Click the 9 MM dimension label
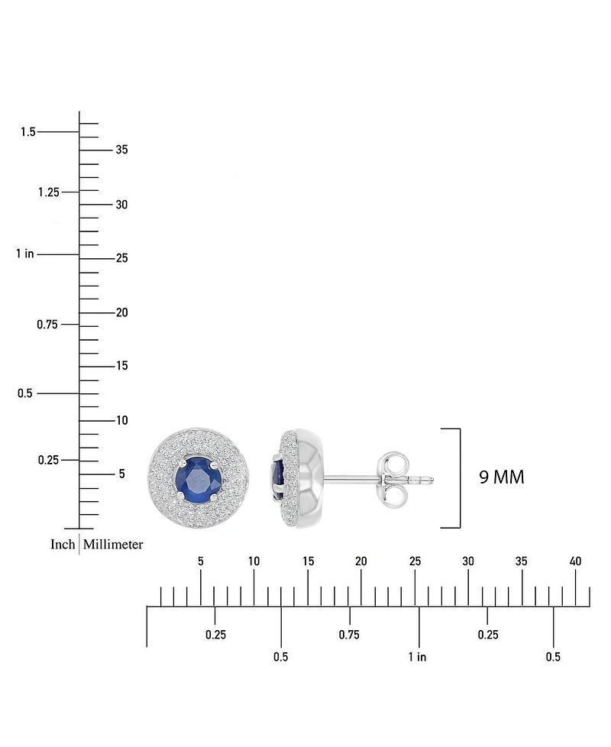pos(502,477)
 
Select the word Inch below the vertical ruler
pos(63,544)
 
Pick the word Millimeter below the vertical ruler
pos(113,544)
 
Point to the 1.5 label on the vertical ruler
pos(28,131)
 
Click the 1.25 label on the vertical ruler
pos(49,192)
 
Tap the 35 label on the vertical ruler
pos(122,150)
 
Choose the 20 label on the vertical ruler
pos(122,312)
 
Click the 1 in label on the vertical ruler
pos(25,254)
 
